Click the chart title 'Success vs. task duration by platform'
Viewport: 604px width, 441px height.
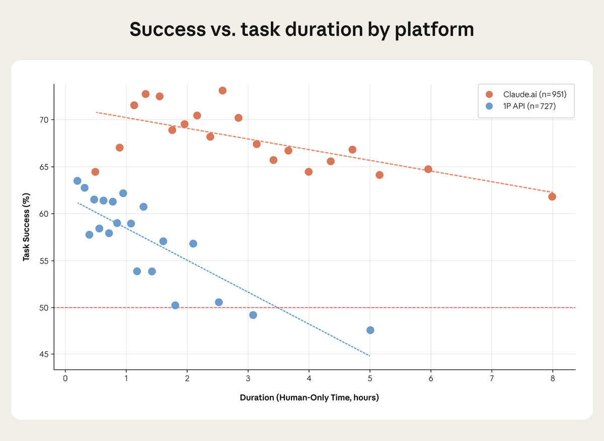(301, 30)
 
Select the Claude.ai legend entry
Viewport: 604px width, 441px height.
(526, 94)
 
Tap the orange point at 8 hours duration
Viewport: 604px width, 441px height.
(552, 197)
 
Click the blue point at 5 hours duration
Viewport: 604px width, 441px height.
(370, 330)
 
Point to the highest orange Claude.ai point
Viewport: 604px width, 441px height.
(222, 91)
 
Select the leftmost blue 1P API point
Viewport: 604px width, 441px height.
(78, 181)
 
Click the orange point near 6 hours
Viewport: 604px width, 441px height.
(428, 169)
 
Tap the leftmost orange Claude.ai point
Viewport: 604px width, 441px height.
(95, 172)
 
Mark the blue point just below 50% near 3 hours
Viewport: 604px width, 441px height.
(253, 315)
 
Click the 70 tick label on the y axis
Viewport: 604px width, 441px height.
(44, 120)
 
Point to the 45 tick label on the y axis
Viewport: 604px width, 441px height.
(44, 354)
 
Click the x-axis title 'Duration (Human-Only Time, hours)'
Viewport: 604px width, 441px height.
(309, 398)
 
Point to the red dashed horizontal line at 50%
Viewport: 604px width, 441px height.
(453, 307)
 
